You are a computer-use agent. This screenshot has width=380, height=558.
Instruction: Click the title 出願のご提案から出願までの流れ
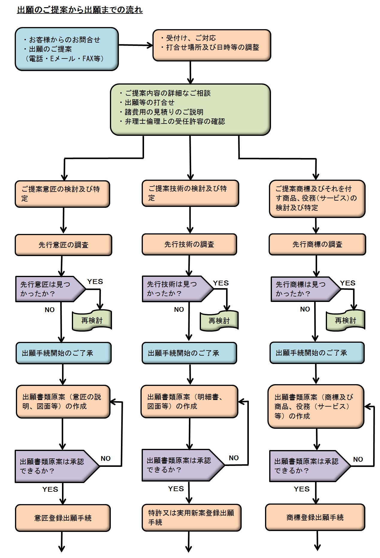click(80, 10)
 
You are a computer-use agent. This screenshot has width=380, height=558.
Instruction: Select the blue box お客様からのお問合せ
click(67, 49)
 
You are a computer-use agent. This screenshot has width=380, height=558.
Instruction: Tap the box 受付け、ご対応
click(212, 45)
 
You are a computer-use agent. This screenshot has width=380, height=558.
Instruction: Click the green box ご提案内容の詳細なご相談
click(190, 109)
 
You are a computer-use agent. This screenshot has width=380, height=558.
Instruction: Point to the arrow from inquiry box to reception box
click(135, 45)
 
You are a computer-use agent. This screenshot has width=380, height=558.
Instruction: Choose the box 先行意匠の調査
click(63, 245)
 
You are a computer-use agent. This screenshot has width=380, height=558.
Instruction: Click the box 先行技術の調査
click(189, 244)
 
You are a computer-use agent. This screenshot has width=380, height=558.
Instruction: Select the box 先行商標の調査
click(317, 244)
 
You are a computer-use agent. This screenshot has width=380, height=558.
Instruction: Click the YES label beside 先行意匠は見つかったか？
click(95, 282)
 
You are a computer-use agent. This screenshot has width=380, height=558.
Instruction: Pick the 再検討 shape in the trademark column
click(345, 321)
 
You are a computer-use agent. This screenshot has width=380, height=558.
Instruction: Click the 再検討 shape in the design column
click(92, 321)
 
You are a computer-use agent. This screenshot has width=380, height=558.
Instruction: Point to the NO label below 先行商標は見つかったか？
click(305, 309)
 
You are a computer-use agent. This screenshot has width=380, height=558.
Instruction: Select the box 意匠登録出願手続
click(63, 518)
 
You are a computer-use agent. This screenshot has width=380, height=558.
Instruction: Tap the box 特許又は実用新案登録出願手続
click(191, 518)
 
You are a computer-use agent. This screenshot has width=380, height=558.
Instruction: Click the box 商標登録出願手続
click(315, 517)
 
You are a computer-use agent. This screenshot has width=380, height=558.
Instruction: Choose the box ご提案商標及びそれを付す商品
click(317, 198)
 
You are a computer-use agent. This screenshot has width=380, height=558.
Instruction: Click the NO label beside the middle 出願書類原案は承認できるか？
click(234, 458)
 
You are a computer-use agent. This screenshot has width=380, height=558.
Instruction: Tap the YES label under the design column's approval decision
click(50, 489)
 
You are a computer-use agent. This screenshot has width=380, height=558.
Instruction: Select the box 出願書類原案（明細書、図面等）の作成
click(189, 401)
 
